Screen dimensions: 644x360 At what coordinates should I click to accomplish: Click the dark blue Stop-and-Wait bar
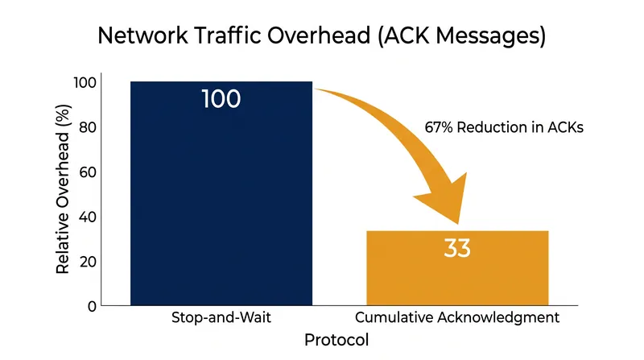click(x=221, y=193)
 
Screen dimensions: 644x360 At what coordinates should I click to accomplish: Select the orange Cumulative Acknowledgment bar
click(x=457, y=268)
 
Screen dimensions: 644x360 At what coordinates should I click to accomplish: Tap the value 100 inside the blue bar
click(x=221, y=99)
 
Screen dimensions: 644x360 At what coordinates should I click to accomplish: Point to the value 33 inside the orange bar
click(x=457, y=248)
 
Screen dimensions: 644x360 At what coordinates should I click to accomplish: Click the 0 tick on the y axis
click(x=92, y=306)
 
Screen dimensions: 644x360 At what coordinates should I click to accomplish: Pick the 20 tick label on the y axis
click(x=88, y=262)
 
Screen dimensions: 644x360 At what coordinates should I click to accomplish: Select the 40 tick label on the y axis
click(x=88, y=217)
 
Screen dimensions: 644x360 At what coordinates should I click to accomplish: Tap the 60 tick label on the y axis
click(x=88, y=172)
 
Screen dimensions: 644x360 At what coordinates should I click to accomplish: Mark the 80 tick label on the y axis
click(x=88, y=127)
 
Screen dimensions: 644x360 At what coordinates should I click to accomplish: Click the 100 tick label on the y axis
click(x=85, y=83)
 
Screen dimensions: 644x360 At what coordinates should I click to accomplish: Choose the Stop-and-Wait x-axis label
click(x=221, y=317)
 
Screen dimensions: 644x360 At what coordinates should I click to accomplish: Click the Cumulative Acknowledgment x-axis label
click(x=457, y=317)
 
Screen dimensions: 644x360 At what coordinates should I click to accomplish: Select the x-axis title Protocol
click(x=336, y=340)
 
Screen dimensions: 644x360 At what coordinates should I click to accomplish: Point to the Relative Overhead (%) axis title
click(x=63, y=189)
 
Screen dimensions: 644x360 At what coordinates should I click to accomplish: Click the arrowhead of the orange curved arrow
click(x=446, y=198)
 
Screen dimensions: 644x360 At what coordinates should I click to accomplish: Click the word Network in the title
click(x=143, y=35)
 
